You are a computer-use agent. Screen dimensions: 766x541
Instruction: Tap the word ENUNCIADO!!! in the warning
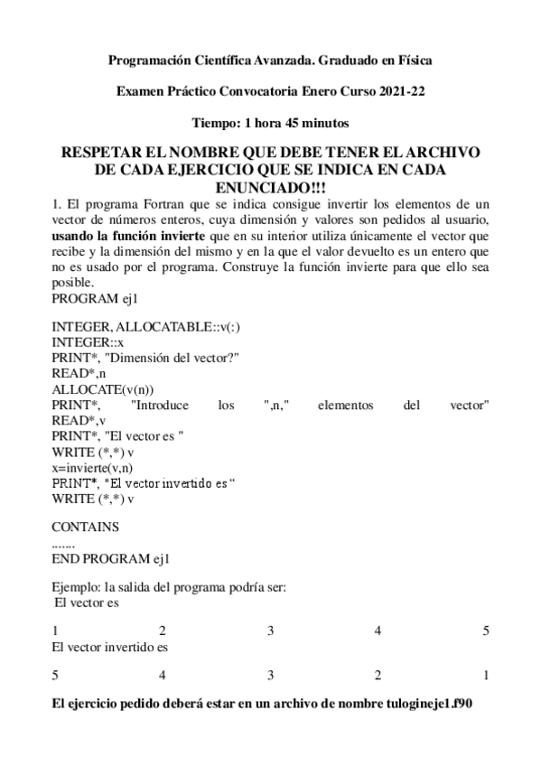(x=271, y=185)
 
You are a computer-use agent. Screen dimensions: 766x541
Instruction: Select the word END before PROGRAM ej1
(x=65, y=557)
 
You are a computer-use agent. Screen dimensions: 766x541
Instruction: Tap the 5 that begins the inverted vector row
(x=55, y=674)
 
